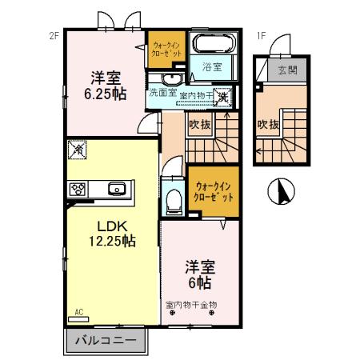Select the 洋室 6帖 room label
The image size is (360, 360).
pos(201,274)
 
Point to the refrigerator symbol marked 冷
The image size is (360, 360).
pos(78,149)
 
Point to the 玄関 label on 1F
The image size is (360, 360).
pos(287,70)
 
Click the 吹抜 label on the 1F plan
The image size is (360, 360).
pos(268,125)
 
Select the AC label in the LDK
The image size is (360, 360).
pos(79,311)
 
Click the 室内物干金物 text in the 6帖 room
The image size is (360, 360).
pos(191,305)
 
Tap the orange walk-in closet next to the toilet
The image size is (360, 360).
pos(214,190)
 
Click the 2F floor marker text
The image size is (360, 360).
pos(54,35)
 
